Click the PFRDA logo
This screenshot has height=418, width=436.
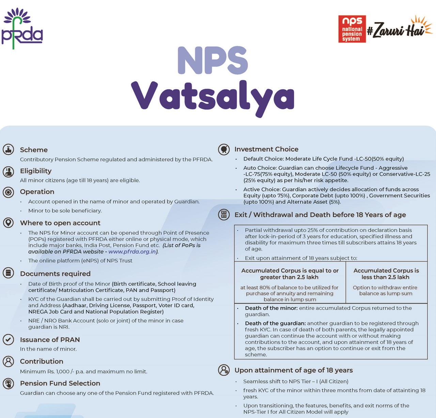pyautogui.click(x=22, y=29)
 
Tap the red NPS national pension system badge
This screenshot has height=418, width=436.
pyautogui.click(x=352, y=29)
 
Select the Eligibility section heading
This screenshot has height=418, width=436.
pyautogui.click(x=36, y=171)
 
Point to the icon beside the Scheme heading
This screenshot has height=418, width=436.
pyautogui.click(x=9, y=149)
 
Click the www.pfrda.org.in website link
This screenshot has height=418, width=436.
pyautogui.click(x=132, y=252)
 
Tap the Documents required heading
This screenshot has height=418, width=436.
pyautogui.click(x=55, y=274)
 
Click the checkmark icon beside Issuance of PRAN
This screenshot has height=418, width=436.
pyautogui.click(x=9, y=339)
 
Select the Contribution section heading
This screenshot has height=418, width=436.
pyautogui.click(x=42, y=362)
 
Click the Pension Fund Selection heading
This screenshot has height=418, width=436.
pyautogui.click(x=60, y=383)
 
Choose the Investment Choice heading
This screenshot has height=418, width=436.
pyautogui.click(x=266, y=149)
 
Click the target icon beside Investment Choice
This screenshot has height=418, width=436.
pyautogui.click(x=224, y=149)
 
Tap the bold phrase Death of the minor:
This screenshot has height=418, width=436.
pyautogui.click(x=271, y=308)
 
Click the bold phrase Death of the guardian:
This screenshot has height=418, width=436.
pyautogui.click(x=275, y=323)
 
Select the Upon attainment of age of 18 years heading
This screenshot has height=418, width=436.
pyautogui.click(x=294, y=370)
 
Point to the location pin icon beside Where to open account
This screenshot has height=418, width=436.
pyautogui.click(x=9, y=223)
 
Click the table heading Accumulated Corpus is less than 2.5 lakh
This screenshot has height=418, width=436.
pyautogui.click(x=386, y=274)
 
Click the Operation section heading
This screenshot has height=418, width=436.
pyautogui.click(x=37, y=192)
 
